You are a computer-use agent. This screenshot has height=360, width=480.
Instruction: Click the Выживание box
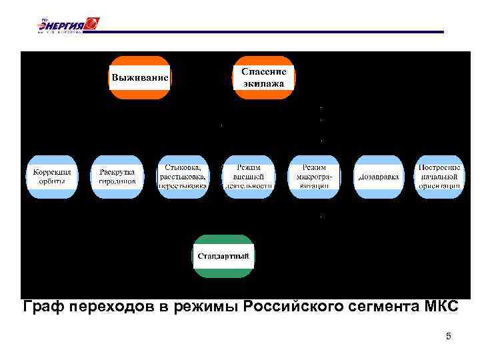[x=139, y=77]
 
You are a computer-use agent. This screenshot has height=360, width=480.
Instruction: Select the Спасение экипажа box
[x=263, y=77]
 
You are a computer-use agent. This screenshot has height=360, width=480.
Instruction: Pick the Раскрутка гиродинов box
[x=117, y=177]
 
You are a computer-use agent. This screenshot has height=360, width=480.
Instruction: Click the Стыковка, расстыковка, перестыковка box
[x=183, y=177]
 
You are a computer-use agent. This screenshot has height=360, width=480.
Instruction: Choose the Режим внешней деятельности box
[x=248, y=177]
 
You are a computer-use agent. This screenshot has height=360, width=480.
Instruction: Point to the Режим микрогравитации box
[x=313, y=177]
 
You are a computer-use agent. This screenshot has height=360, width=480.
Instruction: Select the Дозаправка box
[x=379, y=177]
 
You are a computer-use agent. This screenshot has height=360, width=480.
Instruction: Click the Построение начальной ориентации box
[x=440, y=177]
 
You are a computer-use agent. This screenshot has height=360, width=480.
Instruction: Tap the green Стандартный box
[x=224, y=256]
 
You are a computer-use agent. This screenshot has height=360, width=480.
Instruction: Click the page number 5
[x=449, y=336]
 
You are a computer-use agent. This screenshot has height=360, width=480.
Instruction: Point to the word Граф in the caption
[x=43, y=307]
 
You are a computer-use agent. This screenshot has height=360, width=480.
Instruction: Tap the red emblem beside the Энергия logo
[x=92, y=24]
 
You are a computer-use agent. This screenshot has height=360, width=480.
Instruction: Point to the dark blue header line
[x=267, y=31]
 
